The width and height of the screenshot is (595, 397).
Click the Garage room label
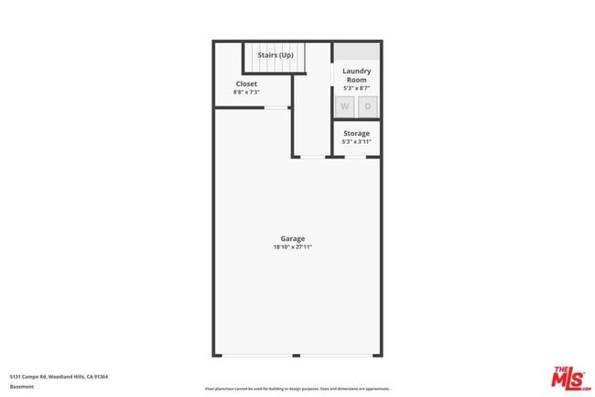coord(292,239)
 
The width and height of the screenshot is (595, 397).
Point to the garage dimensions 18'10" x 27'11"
coord(292,248)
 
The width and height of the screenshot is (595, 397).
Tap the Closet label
coord(246,83)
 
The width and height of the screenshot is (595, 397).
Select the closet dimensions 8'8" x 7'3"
coord(246,92)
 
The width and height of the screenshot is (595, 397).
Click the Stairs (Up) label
coord(275,55)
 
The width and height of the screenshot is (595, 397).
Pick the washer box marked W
coord(345,106)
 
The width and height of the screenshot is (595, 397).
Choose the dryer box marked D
coord(368,106)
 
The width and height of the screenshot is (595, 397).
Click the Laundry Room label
coord(356,75)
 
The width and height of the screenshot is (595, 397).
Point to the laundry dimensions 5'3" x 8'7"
coord(356,88)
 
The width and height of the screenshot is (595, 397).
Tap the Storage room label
coord(356,134)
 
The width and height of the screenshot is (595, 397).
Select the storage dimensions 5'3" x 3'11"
coord(356,142)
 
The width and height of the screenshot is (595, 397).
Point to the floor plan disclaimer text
coord(297,389)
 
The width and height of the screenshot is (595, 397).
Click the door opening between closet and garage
coord(276,107)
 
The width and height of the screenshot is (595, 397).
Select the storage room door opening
coord(356,157)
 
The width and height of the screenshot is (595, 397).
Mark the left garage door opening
coord(256,356)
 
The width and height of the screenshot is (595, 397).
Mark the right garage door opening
coord(340,356)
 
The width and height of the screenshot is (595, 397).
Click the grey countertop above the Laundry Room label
coord(356,51)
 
